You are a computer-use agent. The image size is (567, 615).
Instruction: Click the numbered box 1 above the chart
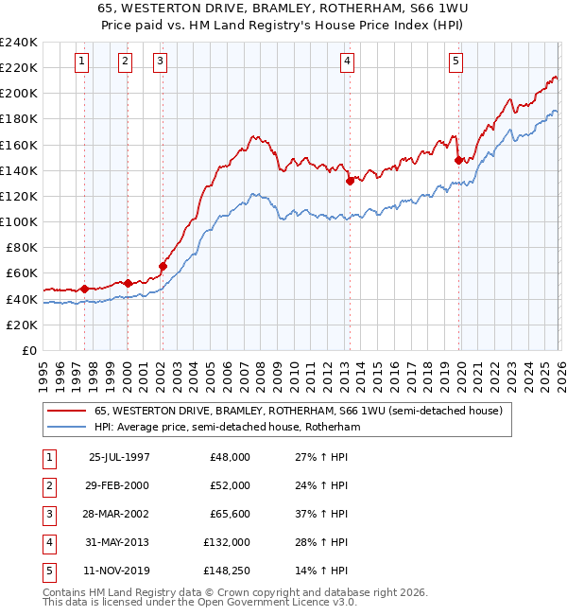click(82, 61)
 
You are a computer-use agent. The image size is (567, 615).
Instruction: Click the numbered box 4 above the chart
click(348, 61)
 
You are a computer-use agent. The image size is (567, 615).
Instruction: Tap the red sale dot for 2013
click(350, 180)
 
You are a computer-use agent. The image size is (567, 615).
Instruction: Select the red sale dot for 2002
click(163, 266)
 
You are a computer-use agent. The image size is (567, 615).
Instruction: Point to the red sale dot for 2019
click(457, 160)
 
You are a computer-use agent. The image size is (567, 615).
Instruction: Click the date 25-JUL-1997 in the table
click(119, 457)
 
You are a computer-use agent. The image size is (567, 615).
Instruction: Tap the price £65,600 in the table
click(230, 514)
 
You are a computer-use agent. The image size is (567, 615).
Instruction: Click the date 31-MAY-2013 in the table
click(119, 542)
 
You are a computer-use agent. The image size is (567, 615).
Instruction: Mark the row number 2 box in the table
click(47, 485)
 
